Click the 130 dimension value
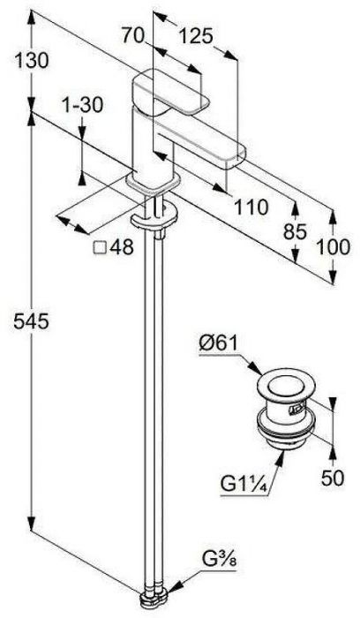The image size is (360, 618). click(x=32, y=61)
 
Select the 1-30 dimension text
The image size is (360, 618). click(x=82, y=105)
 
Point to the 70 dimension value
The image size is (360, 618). click(x=132, y=35)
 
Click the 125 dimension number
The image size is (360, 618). click(x=196, y=37)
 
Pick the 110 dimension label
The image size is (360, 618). click(x=251, y=207)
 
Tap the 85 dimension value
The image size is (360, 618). click(x=295, y=232)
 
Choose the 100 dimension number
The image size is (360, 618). click(x=333, y=247)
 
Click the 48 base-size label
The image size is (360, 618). click(x=122, y=247)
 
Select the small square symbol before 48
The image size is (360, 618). click(x=100, y=248)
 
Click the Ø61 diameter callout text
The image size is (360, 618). click(x=219, y=343)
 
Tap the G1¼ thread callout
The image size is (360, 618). click(x=244, y=485)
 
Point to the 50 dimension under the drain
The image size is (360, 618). click(x=333, y=478)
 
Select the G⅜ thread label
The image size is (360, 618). click(x=220, y=559)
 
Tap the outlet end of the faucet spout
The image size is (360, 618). click(x=235, y=158)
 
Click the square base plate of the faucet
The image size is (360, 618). click(x=153, y=183)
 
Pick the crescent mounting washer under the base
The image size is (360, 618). click(x=154, y=218)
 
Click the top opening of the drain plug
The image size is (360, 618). click(x=283, y=381)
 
